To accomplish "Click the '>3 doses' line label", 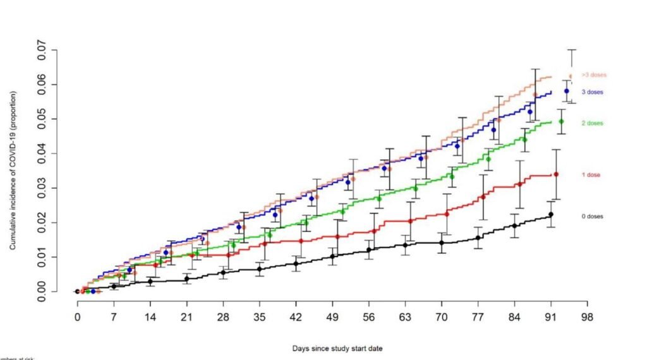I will pos(593,75).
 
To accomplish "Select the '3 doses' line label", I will pos(593,92).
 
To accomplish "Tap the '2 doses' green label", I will pos(593,123).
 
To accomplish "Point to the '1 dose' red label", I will pos(591,175).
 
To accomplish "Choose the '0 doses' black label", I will pos(593,217).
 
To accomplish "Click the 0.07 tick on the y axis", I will pos(42,50).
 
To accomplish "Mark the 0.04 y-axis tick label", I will pos(42,153).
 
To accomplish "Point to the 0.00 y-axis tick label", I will pos(42,292).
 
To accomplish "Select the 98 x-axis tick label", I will pos(587,318).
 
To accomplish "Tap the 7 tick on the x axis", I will pos(114,318).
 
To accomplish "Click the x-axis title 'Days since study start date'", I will pos(337,348).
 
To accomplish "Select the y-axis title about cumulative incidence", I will pos(12,171).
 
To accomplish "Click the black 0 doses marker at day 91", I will pos(551,215).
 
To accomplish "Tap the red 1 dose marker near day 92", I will pos(556,174).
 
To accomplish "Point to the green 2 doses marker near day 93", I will pos(561,121).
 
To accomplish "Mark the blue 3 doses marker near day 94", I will pos(567,92).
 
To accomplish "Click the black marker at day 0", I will pos(77,292).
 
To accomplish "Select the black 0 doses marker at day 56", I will pos(369,250).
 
